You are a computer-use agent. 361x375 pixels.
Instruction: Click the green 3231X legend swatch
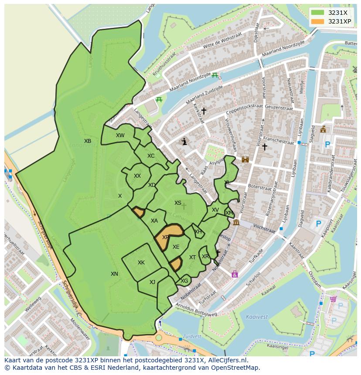tap(318, 13)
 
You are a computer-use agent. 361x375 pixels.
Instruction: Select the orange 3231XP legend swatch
tap(318, 21)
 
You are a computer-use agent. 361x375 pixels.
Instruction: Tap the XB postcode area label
tap(88, 141)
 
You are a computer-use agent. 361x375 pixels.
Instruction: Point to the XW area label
tap(120, 135)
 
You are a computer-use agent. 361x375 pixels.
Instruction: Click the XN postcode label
tap(114, 274)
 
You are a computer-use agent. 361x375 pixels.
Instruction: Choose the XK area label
tap(141, 263)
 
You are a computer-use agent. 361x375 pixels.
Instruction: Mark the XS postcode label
tap(178, 203)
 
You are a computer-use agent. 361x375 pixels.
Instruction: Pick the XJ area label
tap(152, 282)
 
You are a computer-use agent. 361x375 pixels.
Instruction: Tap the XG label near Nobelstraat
tap(184, 281)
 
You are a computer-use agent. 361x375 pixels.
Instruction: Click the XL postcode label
tap(227, 183)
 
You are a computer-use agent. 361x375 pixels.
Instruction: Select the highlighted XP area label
tap(166, 237)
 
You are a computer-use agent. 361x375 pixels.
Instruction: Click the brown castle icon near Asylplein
tap(245, 159)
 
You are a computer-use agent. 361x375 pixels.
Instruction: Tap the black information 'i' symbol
tap(184, 142)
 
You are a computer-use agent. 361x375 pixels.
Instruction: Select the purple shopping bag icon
tap(235, 274)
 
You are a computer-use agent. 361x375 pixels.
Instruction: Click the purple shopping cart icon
tap(334, 299)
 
